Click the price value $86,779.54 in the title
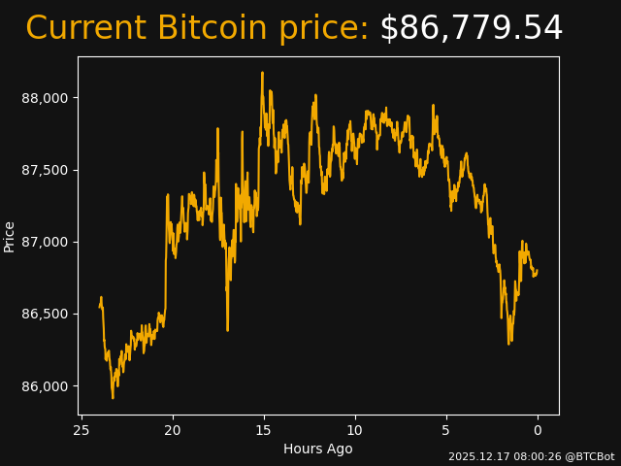tap(471, 28)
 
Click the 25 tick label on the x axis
tap(82, 430)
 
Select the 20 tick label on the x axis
tap(173, 430)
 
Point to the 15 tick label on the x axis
tap(264, 430)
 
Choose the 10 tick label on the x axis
tap(355, 430)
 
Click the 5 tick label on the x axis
tap(446, 430)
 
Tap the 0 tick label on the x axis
tap(538, 430)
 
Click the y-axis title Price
tap(10, 236)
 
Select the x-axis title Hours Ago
tap(318, 449)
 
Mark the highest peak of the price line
tap(262, 72)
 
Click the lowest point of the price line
tap(113, 398)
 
